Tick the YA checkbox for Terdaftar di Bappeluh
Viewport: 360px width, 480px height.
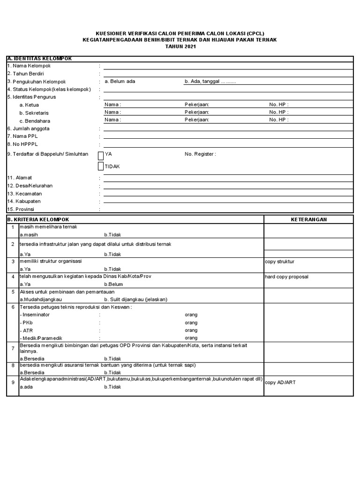(x=101, y=156)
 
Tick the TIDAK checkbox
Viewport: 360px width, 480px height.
(x=101, y=166)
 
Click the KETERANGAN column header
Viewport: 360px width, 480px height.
(x=309, y=219)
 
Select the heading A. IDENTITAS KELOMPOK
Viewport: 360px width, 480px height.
(x=39, y=59)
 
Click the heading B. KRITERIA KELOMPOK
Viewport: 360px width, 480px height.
(x=38, y=219)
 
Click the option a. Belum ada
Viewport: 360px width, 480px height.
(x=120, y=82)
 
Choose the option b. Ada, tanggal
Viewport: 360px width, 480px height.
(x=210, y=82)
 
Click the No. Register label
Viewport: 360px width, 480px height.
(x=201, y=154)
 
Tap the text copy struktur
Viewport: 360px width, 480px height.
(x=280, y=262)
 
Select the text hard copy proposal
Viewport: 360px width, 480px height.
(x=287, y=277)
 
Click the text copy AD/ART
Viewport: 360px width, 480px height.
(x=280, y=382)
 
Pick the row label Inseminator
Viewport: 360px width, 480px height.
(x=35, y=315)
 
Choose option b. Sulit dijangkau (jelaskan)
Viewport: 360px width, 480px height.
(x=136, y=300)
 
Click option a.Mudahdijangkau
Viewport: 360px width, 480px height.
(x=41, y=300)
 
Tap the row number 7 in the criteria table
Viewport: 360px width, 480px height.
(x=13, y=349)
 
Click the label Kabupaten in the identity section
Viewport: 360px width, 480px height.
(x=24, y=201)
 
